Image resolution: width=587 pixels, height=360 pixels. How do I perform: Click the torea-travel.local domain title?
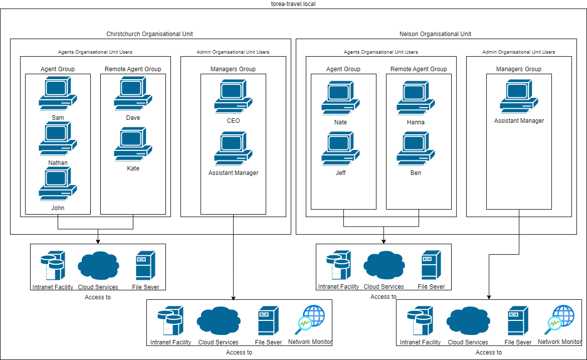click(293, 4)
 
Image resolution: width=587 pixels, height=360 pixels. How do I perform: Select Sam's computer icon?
click(58, 94)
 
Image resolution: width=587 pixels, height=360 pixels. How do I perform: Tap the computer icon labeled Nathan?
click(58, 140)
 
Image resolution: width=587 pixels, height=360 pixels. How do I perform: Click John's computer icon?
click(58, 185)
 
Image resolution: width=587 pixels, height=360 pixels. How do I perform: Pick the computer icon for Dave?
click(133, 94)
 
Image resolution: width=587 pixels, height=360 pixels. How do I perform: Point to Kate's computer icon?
click(133, 144)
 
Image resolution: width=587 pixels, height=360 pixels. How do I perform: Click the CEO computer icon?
click(233, 97)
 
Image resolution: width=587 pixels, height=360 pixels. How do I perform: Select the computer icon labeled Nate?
click(340, 99)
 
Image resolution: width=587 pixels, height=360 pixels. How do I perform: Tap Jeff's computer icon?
click(340, 149)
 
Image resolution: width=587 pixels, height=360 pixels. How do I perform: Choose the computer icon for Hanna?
click(416, 99)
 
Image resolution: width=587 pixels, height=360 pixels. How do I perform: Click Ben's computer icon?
click(416, 149)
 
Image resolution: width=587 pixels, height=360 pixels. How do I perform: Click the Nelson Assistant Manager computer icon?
click(519, 98)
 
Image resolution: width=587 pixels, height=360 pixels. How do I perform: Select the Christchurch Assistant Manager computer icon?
click(233, 149)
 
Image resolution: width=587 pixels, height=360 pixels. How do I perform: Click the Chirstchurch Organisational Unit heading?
click(149, 34)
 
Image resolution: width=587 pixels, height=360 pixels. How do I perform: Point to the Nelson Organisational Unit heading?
click(435, 34)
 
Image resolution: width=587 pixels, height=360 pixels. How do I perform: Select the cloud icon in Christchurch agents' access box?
click(98, 266)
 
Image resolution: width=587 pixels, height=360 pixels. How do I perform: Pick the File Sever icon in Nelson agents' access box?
click(431, 265)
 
